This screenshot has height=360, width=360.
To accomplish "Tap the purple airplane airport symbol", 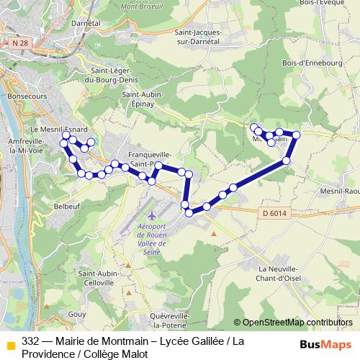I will click(x=151, y=216).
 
